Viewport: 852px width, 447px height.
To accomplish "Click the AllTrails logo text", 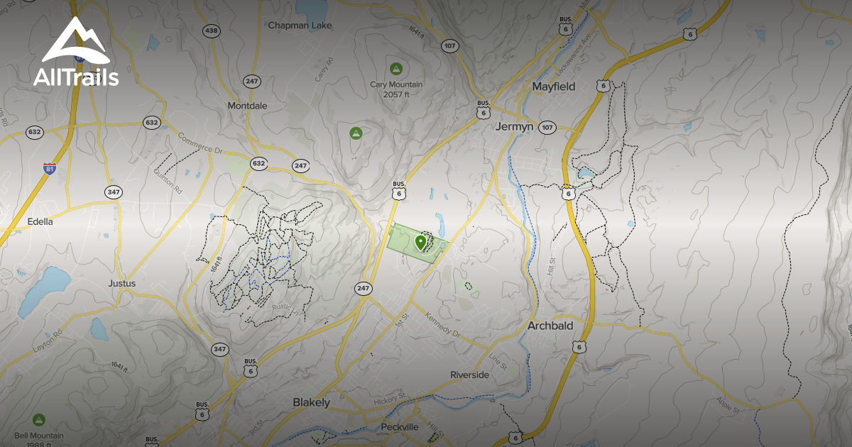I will tap(76, 77).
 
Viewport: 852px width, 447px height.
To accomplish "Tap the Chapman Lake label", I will tap(300, 25).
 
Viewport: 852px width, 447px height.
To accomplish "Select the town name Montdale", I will tap(247, 106).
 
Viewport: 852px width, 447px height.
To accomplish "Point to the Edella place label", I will tap(40, 221).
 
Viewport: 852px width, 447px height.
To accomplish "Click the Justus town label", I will tap(121, 283).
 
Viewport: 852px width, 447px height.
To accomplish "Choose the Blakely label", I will tap(312, 402).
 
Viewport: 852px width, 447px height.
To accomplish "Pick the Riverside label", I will tap(469, 375).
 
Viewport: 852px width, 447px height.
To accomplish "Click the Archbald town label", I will tap(550, 326).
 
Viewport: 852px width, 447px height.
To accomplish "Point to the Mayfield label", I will tap(554, 87).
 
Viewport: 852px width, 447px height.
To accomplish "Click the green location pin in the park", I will tap(420, 242).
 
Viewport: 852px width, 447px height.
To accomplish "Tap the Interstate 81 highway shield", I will tap(48, 168).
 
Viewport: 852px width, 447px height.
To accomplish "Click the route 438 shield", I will tap(210, 31).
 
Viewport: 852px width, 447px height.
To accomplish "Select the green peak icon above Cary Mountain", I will tap(396, 69).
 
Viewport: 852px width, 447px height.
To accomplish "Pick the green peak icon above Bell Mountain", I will tap(39, 419).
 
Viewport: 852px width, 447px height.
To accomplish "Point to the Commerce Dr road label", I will tap(200, 144).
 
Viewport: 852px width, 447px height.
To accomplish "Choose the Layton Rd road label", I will tap(48, 342).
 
